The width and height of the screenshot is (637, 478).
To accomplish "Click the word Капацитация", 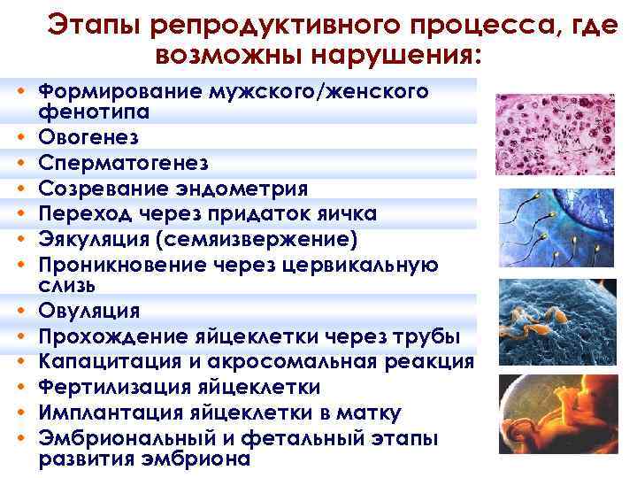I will click(x=98, y=362).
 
